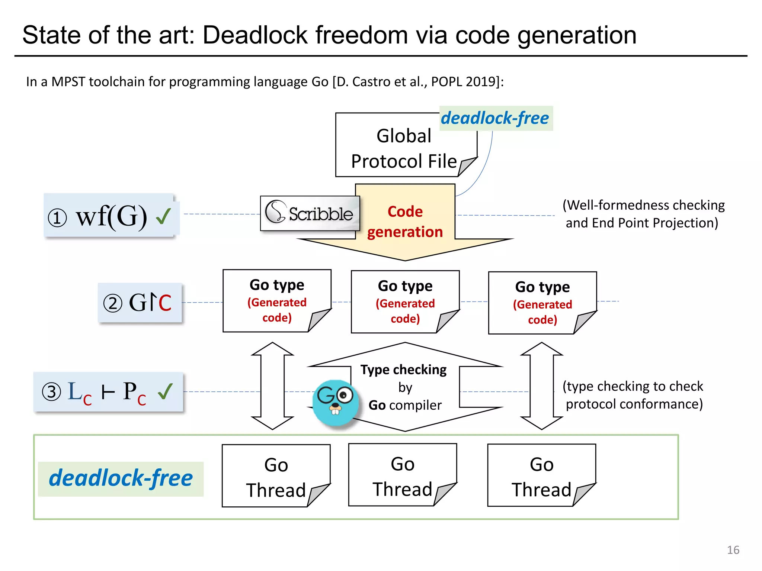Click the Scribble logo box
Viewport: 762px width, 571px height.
pos(310,213)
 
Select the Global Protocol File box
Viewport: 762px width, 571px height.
pos(404,148)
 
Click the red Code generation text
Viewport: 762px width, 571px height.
pos(405,222)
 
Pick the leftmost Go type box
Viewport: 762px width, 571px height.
pos(276,300)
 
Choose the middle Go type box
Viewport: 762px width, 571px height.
pos(405,301)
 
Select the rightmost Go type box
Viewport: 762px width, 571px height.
pos(542,303)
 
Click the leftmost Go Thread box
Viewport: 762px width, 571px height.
pos(276,476)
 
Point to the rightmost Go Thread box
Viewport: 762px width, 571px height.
pos(541,475)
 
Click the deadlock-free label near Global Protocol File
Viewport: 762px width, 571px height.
pos(495,118)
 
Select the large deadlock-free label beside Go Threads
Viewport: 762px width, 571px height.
pos(121,478)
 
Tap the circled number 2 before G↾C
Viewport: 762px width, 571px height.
pos(112,303)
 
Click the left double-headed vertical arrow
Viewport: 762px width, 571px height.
pos(272,386)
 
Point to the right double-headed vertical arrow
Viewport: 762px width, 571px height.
pos(541,386)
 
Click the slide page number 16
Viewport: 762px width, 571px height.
pos(733,550)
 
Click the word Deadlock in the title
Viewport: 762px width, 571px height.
pos(255,35)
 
